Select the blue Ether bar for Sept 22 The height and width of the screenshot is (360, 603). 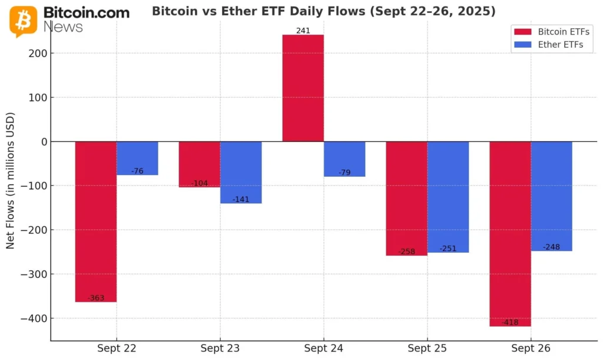tap(137, 158)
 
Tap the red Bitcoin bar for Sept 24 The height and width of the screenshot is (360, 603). tap(303, 88)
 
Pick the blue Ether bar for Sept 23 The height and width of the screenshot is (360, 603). tap(241, 172)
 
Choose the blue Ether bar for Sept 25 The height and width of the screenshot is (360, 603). tap(448, 197)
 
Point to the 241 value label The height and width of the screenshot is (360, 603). tap(303, 31)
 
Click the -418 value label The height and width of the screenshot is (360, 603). tap(510, 322)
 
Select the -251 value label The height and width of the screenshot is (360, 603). tap(448, 249)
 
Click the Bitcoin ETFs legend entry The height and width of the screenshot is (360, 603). tap(554, 32)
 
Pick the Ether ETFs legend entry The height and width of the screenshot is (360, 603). tap(554, 45)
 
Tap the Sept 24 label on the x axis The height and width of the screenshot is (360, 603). tap(323, 349)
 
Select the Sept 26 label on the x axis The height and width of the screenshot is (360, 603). tap(531, 349)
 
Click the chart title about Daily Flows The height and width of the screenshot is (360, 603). tap(323, 11)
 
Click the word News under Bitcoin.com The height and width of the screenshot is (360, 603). tap(63, 27)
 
